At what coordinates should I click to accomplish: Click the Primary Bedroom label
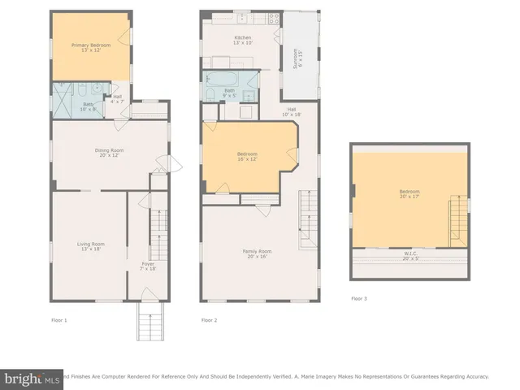(x=89, y=47)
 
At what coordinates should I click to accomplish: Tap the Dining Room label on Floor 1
(x=109, y=152)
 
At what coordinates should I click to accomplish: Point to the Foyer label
(x=148, y=266)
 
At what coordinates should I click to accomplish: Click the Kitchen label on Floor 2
(x=242, y=40)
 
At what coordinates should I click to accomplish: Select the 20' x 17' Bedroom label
(x=409, y=194)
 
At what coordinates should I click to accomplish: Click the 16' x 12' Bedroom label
(x=247, y=157)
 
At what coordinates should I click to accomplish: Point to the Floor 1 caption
(x=58, y=320)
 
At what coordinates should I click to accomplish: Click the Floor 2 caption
(x=210, y=320)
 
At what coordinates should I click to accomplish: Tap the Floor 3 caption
(x=358, y=298)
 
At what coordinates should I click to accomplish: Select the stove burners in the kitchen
(x=275, y=18)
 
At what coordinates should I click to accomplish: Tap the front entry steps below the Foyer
(x=148, y=325)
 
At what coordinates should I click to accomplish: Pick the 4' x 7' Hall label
(x=117, y=98)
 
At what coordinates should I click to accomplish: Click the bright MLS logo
(x=32, y=379)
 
